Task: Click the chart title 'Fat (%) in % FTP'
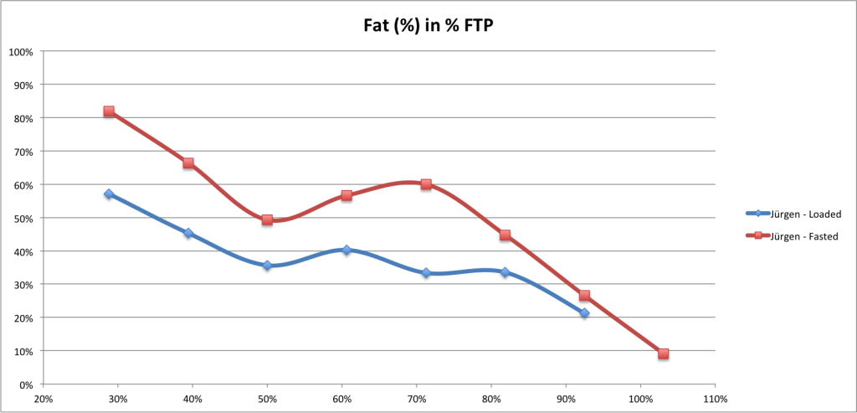click(x=428, y=25)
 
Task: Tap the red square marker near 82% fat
click(x=109, y=111)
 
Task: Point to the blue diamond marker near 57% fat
click(x=109, y=194)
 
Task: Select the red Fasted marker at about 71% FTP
click(x=426, y=184)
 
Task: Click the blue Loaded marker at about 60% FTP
click(x=346, y=250)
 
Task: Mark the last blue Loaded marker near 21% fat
click(x=584, y=313)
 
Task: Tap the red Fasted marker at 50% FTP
click(x=267, y=220)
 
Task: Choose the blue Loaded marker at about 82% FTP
click(x=505, y=272)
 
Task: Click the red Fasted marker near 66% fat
click(x=188, y=163)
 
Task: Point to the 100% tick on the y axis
click(x=20, y=52)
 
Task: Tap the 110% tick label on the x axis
click(x=716, y=399)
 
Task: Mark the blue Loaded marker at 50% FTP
click(x=267, y=266)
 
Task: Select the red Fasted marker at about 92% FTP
click(x=584, y=296)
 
